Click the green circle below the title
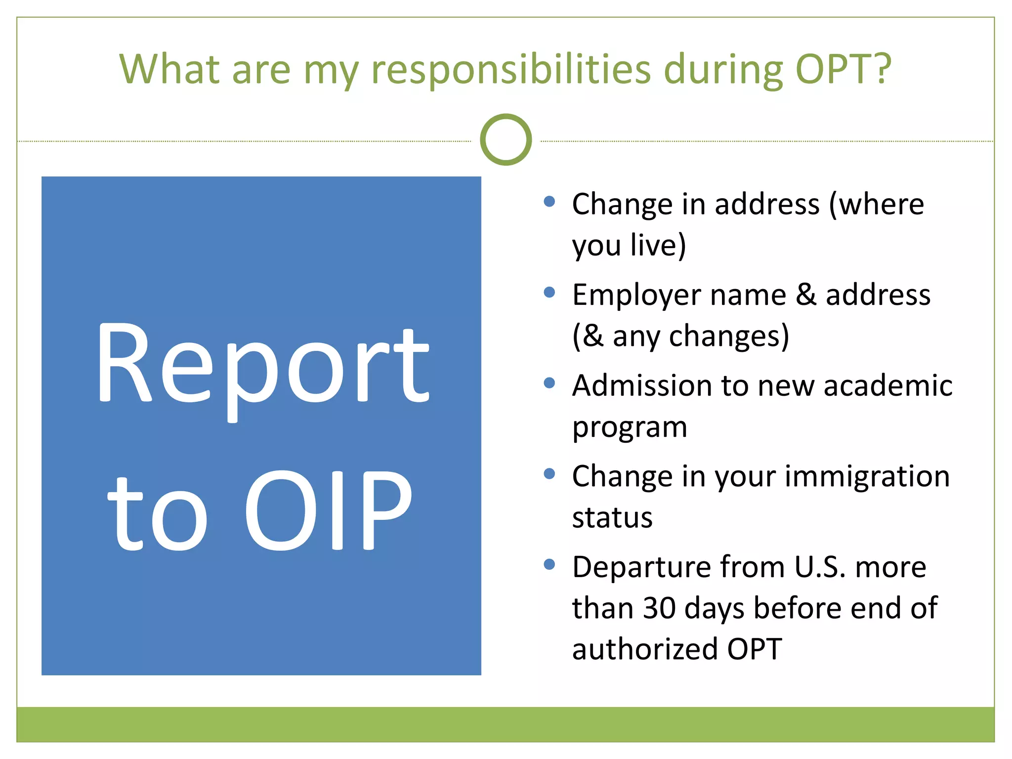click(506, 140)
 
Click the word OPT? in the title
click(843, 69)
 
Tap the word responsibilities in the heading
click(511, 70)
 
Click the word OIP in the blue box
click(328, 510)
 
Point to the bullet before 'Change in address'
click(549, 201)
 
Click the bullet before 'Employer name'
click(549, 292)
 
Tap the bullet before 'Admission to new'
click(549, 383)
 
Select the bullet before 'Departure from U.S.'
click(549, 564)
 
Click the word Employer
click(637, 296)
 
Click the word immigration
click(867, 477)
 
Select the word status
click(612, 518)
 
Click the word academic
click(887, 385)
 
